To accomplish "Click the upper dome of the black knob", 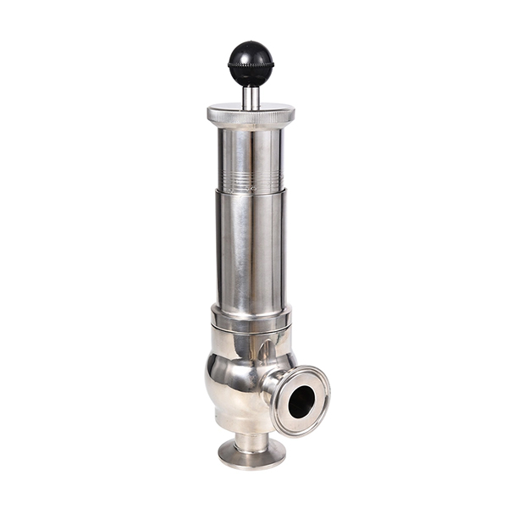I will [x=251, y=51].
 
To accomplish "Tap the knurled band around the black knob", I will [x=251, y=64].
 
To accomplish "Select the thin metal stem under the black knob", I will [x=251, y=97].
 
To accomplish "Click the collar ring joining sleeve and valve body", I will [x=251, y=318].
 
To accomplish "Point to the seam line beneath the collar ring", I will [x=251, y=331].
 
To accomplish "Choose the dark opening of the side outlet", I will [x=300, y=401].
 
